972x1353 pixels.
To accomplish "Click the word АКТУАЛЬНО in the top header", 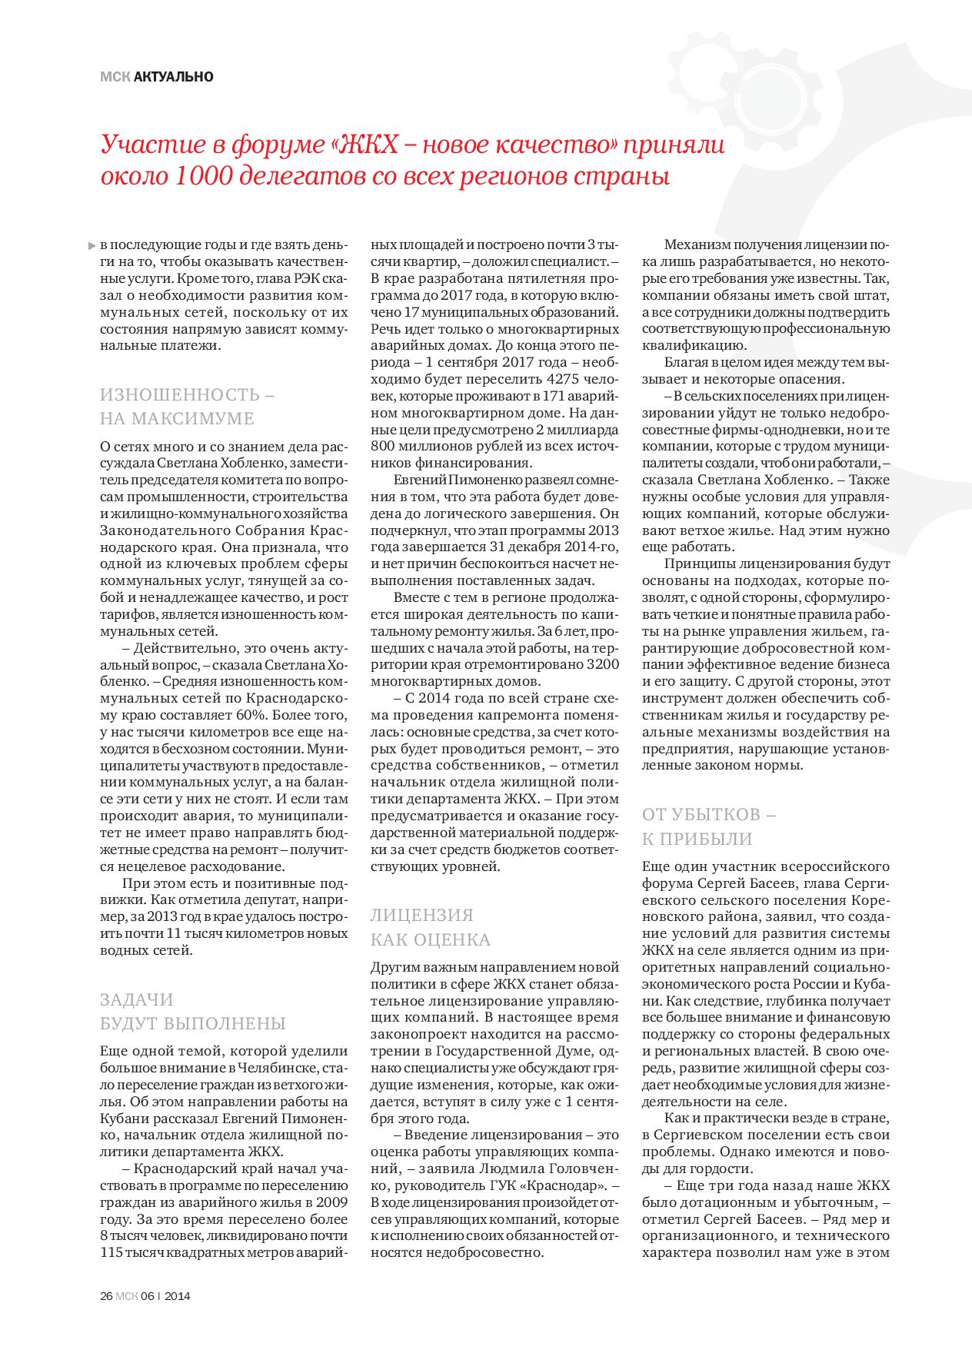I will tap(173, 77).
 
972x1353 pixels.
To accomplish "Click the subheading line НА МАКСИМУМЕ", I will tap(177, 419).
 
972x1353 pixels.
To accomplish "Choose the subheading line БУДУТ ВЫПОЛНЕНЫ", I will tap(192, 1024).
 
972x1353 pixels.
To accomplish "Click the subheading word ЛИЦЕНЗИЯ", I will tap(421, 916).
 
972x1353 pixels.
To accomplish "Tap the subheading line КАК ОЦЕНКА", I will tap(430, 939).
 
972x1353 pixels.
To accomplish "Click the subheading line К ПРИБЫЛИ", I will tap(697, 838).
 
